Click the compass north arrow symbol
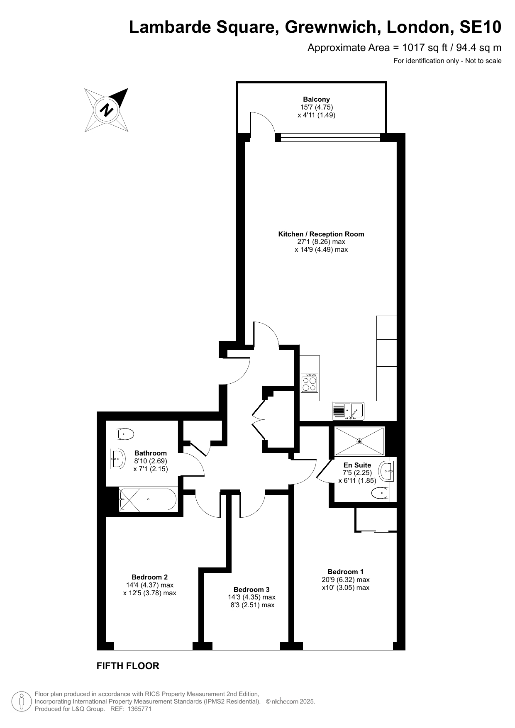click(107, 110)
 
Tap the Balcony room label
click(316, 99)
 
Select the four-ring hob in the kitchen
click(310, 382)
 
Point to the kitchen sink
click(348, 411)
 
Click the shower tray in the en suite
click(359, 441)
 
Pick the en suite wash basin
click(386, 471)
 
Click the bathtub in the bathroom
click(148, 499)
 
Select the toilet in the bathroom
click(125, 434)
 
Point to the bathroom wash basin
click(118, 459)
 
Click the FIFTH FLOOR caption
click(128, 666)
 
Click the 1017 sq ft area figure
click(424, 48)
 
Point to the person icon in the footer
click(22, 701)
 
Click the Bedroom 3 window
click(247, 646)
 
